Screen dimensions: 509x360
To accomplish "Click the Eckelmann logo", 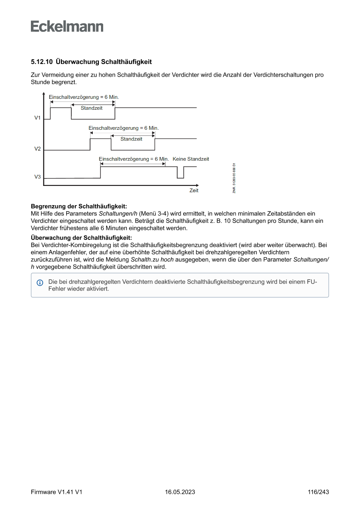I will (x=67, y=27).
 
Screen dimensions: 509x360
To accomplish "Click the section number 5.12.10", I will (x=42, y=62).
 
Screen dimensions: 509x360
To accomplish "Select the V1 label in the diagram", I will (x=38, y=118).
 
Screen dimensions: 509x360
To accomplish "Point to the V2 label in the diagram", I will (x=38, y=149).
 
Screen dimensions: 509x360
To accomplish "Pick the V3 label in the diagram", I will (x=38, y=177).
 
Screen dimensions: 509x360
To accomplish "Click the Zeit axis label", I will (x=194, y=190).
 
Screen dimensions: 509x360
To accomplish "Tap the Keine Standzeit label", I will (x=191, y=159).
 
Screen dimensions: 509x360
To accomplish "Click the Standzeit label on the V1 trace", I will (x=91, y=108).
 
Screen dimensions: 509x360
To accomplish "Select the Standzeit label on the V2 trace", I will (x=131, y=139).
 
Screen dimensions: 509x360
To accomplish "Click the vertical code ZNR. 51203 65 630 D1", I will (x=234, y=178).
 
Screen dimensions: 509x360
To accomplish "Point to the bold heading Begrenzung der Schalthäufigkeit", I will (x=79, y=206).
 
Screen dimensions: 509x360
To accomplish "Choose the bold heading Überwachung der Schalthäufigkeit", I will (x=81, y=238).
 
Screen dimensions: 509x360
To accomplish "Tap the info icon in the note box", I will (x=40, y=283).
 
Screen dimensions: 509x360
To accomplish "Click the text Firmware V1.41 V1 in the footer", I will (x=57, y=492).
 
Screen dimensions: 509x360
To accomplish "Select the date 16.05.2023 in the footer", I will (x=180, y=492).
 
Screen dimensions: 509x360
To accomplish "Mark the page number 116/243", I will (x=318, y=492).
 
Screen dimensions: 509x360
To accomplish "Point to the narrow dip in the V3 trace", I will (x=180, y=173).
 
